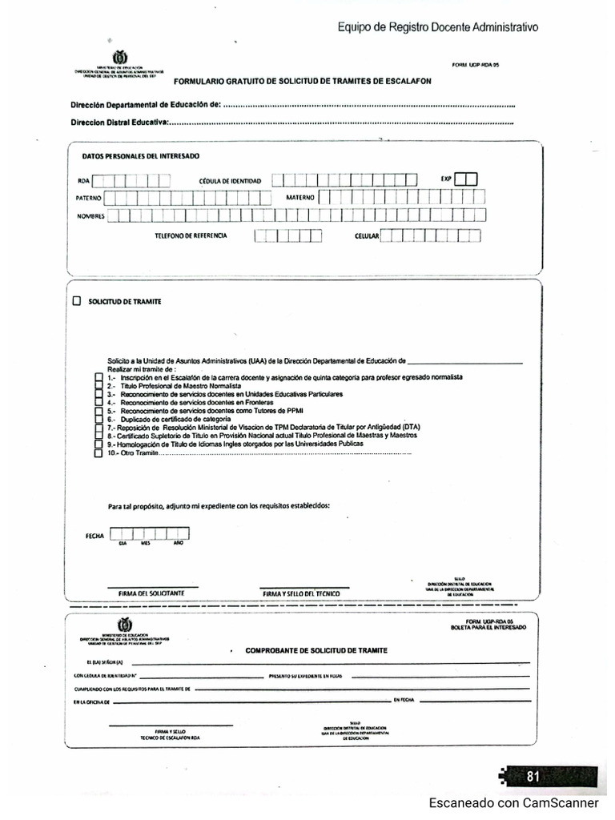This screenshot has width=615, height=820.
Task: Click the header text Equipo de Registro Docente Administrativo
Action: click(437, 27)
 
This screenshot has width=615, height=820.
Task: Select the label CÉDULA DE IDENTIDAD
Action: click(230, 181)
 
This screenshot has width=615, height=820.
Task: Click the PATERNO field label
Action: click(88, 198)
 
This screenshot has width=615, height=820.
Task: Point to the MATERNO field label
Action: click(299, 197)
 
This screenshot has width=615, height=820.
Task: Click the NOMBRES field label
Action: click(90, 216)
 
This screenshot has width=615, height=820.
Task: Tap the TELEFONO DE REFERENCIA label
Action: click(191, 235)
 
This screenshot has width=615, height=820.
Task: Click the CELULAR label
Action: click(366, 236)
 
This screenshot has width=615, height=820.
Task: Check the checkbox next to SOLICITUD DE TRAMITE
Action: click(77, 302)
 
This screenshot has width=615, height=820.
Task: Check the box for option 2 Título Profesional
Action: click(98, 386)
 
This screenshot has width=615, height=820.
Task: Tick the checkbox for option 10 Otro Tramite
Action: click(98, 453)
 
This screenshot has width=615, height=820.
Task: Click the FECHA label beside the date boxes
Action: click(94, 536)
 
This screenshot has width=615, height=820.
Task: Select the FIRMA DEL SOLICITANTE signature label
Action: click(151, 593)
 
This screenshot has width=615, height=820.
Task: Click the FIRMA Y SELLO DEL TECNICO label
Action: click(300, 593)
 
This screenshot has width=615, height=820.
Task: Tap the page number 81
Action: click(533, 776)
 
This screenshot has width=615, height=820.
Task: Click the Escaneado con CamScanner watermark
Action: click(513, 802)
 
